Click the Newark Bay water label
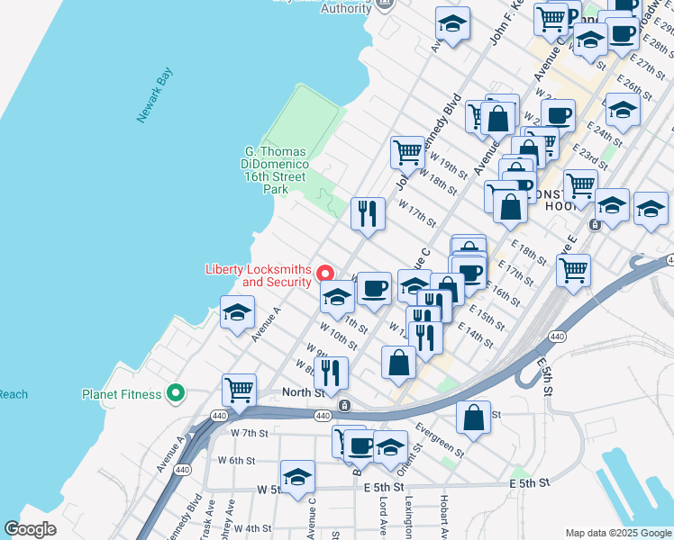click(x=154, y=97)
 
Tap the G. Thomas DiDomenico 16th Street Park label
click(x=276, y=171)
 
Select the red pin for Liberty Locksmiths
click(x=326, y=272)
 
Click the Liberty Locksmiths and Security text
click(x=258, y=275)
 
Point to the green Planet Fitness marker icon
click(x=176, y=393)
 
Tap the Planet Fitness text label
click(x=122, y=394)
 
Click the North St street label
click(x=303, y=391)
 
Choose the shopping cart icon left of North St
click(x=239, y=390)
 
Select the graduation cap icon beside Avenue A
click(x=237, y=313)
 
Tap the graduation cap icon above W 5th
click(x=297, y=476)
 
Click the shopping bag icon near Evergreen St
click(x=473, y=417)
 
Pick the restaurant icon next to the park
click(x=368, y=213)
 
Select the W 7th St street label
click(x=250, y=433)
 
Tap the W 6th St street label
click(x=236, y=460)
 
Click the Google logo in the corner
click(x=30, y=529)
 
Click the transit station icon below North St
click(x=345, y=406)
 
